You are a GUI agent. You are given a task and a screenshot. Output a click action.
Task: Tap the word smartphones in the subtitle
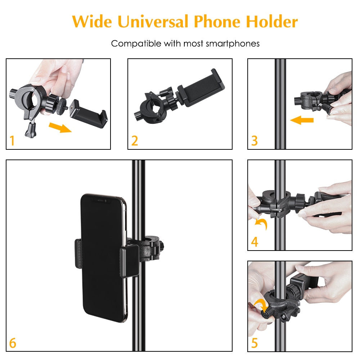coord(233,44)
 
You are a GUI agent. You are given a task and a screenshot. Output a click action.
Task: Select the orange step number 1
coord(12,141)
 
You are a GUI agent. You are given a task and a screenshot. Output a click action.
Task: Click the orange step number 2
coord(134,141)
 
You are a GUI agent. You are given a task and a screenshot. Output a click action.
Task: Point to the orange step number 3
coord(254,141)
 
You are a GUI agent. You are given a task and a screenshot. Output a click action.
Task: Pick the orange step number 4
coord(255,242)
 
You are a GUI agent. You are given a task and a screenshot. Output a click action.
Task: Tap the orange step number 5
coord(255,343)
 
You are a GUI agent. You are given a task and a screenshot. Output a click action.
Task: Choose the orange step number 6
coord(13,343)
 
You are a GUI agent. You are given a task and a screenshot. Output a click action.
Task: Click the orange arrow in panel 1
coord(60,127)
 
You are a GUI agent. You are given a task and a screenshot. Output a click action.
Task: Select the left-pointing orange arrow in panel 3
coord(301,120)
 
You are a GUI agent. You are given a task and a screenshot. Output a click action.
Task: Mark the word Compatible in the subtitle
coord(136,44)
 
